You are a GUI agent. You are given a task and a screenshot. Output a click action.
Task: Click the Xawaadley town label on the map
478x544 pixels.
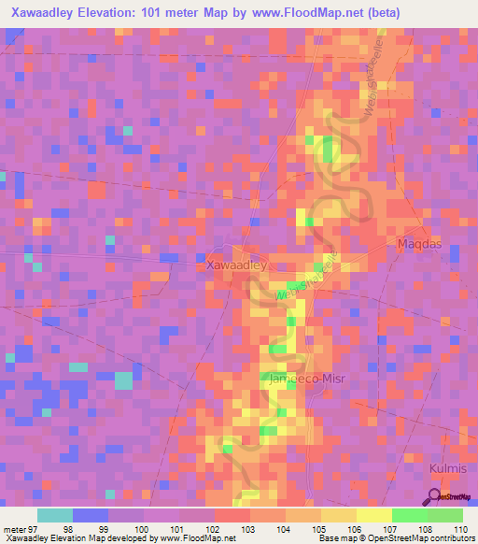click(x=236, y=265)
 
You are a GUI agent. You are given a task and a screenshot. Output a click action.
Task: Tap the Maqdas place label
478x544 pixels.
click(x=410, y=245)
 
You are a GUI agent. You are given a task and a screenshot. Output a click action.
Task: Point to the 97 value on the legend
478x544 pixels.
click(x=35, y=529)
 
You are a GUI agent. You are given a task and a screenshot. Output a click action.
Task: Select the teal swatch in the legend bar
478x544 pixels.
click(x=55, y=515)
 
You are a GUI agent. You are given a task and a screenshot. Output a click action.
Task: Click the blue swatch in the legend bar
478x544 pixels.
click(x=91, y=515)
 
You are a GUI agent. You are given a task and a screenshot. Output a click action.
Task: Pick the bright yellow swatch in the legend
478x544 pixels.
click(x=374, y=515)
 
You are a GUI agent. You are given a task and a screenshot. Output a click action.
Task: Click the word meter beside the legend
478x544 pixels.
click(x=14, y=529)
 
